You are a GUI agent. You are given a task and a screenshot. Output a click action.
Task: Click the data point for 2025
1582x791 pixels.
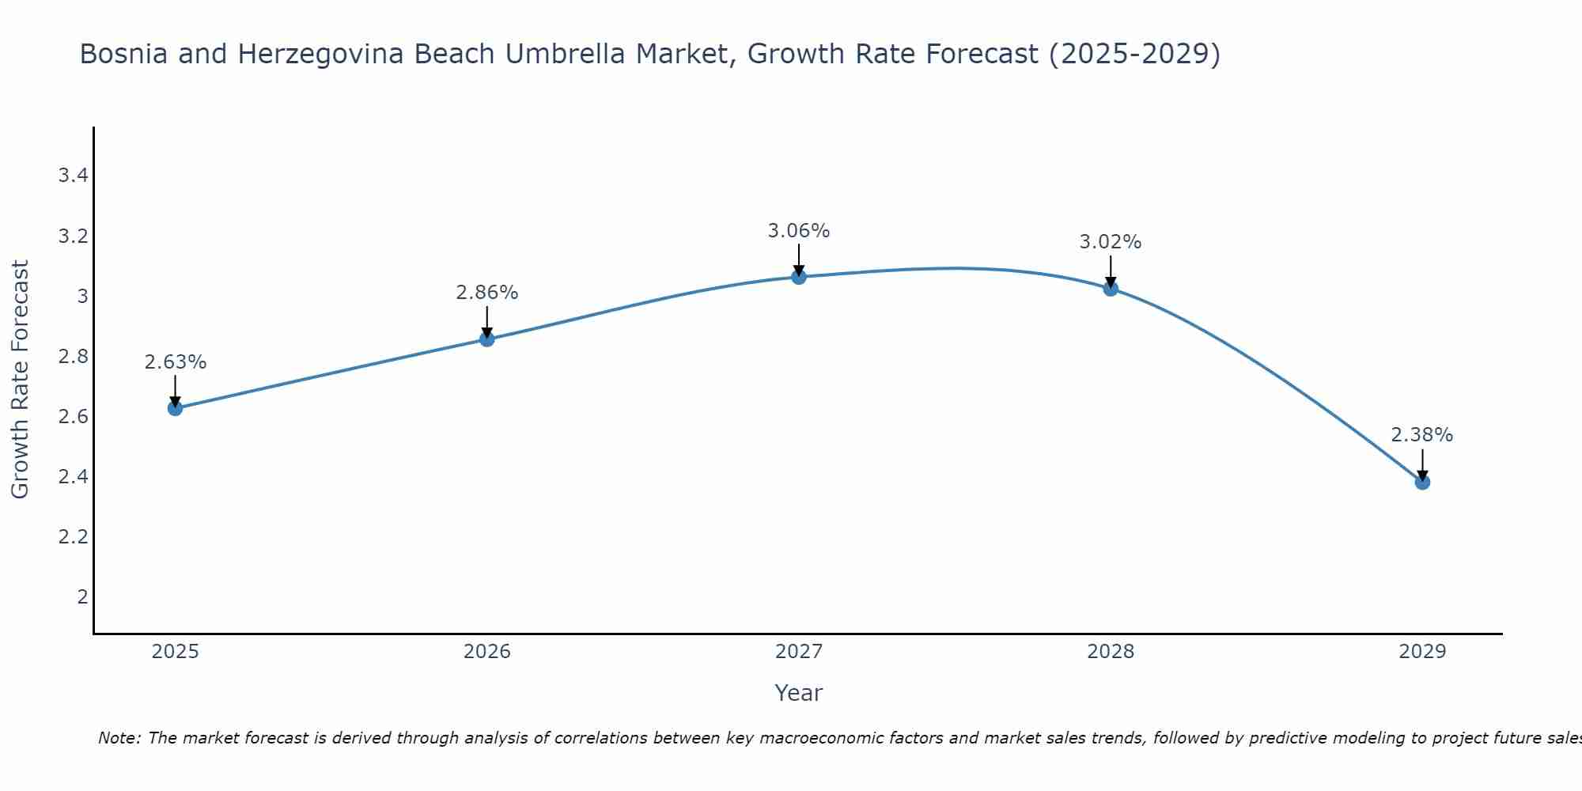[x=175, y=408]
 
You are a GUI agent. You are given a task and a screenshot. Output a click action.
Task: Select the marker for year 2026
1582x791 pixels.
[x=487, y=339]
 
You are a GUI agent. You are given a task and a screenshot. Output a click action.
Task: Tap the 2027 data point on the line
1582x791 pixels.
[x=799, y=277]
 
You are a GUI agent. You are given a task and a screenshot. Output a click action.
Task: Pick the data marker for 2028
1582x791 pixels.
[x=1111, y=289]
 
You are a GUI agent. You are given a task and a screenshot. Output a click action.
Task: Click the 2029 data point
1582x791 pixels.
[x=1422, y=482]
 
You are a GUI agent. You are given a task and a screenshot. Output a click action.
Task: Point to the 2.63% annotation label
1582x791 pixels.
[x=175, y=362]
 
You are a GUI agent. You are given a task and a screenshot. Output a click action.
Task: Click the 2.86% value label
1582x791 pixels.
[x=487, y=293]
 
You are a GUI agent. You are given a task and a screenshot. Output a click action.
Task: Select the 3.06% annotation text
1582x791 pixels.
[x=799, y=231]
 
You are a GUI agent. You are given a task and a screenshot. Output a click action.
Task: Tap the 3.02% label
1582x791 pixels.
[x=1111, y=242]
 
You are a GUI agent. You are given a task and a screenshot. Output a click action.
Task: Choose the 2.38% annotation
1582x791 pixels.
[x=1422, y=435]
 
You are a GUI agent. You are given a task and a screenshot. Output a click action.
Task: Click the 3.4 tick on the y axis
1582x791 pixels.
[x=73, y=176]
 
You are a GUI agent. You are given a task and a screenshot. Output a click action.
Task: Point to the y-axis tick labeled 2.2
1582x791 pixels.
[x=73, y=537]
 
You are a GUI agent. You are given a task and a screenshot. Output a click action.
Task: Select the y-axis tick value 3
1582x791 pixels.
[x=82, y=297]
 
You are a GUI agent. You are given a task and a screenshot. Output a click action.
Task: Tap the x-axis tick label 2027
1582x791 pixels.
[x=799, y=652]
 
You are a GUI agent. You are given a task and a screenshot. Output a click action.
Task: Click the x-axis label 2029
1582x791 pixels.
[x=1422, y=652]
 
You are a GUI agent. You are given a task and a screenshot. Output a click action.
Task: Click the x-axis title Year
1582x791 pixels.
[x=799, y=693]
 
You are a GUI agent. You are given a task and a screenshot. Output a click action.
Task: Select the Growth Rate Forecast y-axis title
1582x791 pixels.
[x=20, y=379]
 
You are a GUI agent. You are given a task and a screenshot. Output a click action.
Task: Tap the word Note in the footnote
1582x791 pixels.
[x=118, y=738]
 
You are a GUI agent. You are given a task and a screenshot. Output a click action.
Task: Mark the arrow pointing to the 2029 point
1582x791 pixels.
[x=1422, y=465]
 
